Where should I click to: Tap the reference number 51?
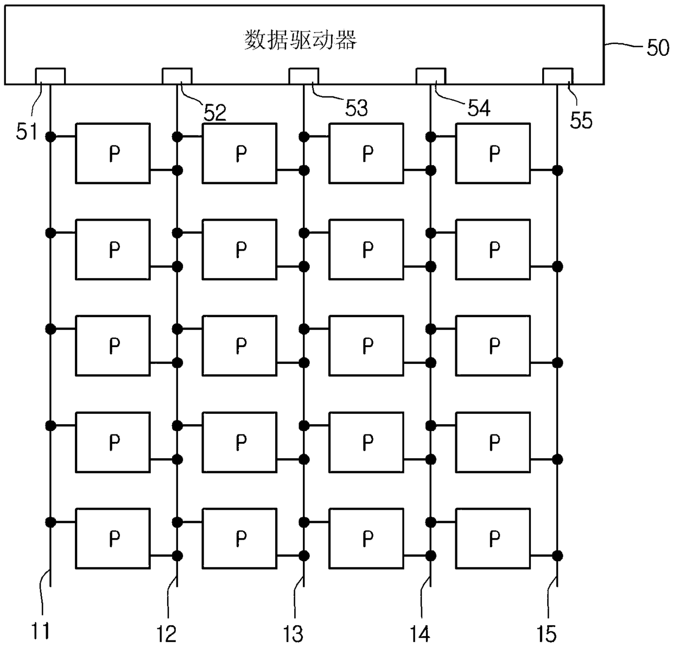[x=26, y=131]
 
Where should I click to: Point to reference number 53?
[x=357, y=108]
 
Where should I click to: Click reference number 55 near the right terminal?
[x=581, y=120]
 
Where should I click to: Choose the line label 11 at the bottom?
[x=40, y=632]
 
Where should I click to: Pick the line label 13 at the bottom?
[x=294, y=633]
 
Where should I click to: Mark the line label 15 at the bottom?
[x=547, y=633]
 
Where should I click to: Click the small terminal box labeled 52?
[x=177, y=76]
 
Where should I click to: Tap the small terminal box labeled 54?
[x=430, y=76]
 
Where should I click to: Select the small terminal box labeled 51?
[x=50, y=76]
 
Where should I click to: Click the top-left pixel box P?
[x=113, y=153]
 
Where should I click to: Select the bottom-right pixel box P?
[x=493, y=538]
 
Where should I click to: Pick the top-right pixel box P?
[x=493, y=153]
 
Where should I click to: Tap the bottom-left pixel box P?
[x=113, y=538]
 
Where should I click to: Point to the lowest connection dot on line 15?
[x=557, y=556]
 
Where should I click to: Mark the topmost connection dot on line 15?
[x=557, y=171]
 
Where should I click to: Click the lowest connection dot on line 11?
[x=50, y=522]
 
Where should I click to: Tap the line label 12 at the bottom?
[x=167, y=633]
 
